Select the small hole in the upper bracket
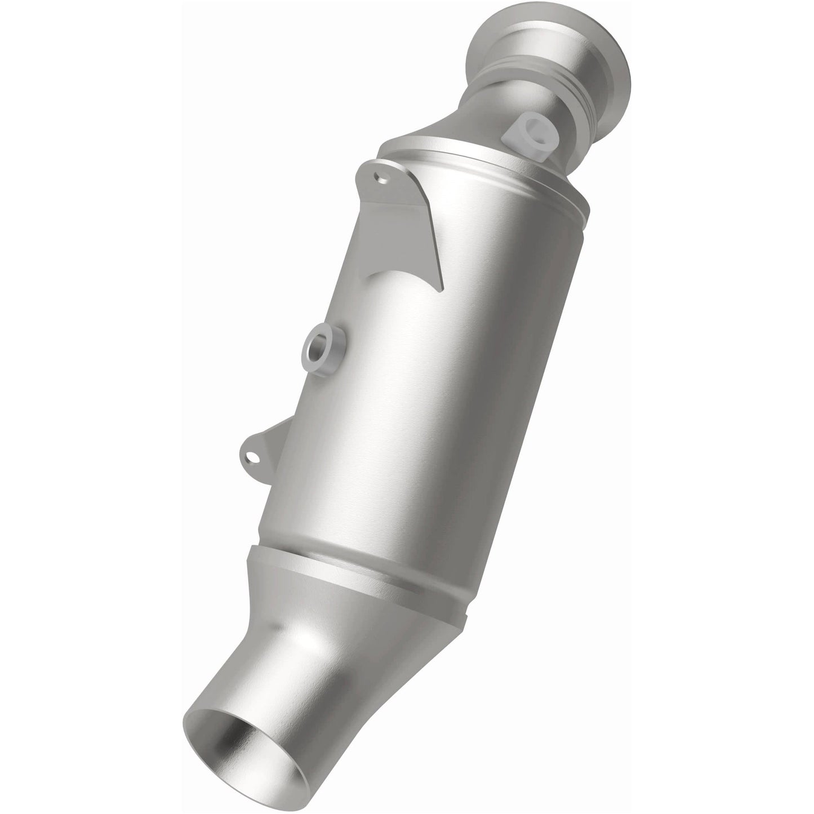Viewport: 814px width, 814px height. pyautogui.click(x=382, y=179)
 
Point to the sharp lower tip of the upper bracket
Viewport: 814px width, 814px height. pyautogui.click(x=441, y=292)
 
